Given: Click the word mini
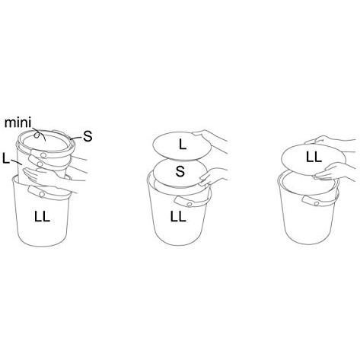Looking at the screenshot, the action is click(x=18, y=123).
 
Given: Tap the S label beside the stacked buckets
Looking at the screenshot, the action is click(x=88, y=136).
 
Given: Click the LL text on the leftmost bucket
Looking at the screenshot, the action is click(x=42, y=217).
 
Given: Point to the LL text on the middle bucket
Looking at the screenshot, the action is click(x=178, y=217).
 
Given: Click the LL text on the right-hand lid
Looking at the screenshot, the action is click(x=314, y=158).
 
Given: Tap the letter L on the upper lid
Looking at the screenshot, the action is click(x=183, y=145).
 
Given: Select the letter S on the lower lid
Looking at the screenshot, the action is click(x=180, y=171).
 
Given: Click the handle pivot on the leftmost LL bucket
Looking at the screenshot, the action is click(x=42, y=194).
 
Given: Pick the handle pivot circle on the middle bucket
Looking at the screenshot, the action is click(x=189, y=204).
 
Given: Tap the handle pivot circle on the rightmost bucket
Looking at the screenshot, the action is click(x=316, y=203).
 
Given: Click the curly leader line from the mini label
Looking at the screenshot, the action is click(x=39, y=135).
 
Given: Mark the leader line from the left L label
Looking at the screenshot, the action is click(x=16, y=161).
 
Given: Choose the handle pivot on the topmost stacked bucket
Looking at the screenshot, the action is click(x=43, y=155).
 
